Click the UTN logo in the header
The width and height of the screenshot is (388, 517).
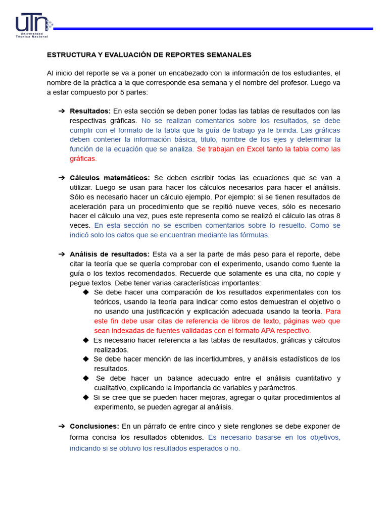coord(33,26)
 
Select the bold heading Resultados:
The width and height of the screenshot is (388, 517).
coord(90,111)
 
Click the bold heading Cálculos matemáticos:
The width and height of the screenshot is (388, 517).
coord(110,178)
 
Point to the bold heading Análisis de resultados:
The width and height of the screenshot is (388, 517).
coord(110,254)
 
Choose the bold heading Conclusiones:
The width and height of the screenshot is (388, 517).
coord(94,426)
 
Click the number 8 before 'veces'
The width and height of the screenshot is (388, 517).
coord(337,216)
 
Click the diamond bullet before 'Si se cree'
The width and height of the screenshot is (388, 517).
coord(86,397)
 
